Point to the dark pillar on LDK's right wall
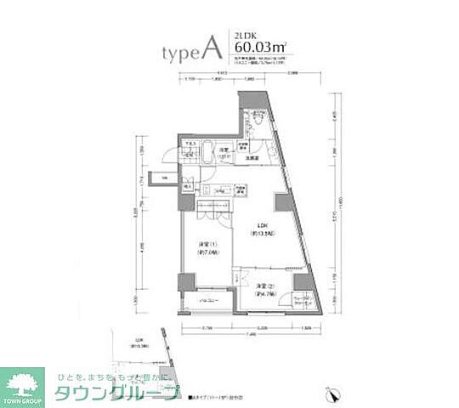pos(280,204)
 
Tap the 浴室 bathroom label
pos(224,152)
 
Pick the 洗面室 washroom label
pos(252,158)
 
